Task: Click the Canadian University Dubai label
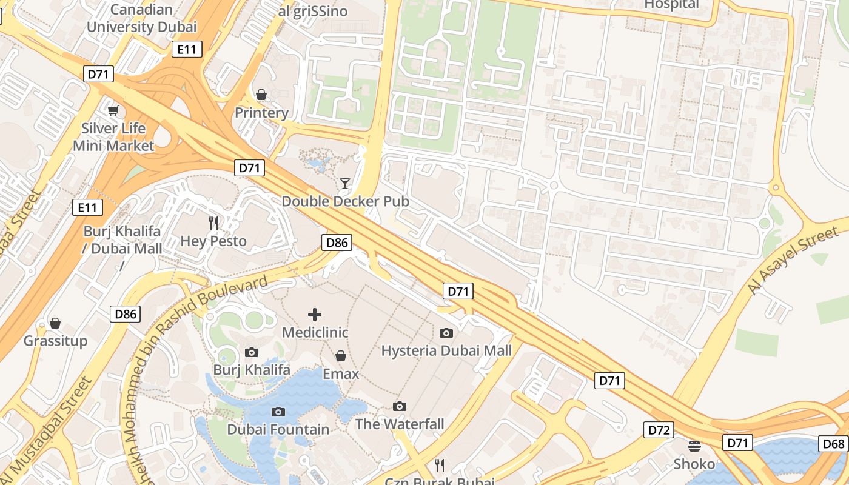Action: (x=141, y=18)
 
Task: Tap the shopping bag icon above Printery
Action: (x=261, y=95)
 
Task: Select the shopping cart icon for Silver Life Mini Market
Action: (x=113, y=110)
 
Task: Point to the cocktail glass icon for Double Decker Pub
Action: (x=345, y=183)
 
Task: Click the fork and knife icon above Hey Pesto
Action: (x=213, y=222)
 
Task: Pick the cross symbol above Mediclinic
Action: (x=315, y=314)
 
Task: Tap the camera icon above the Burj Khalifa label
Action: (x=252, y=352)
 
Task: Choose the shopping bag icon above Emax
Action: (x=341, y=356)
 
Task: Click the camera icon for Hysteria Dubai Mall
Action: (x=446, y=333)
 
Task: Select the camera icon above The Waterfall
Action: (x=400, y=406)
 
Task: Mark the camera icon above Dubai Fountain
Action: (x=278, y=412)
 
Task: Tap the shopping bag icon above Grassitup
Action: (x=55, y=323)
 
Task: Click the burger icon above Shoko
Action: (x=694, y=446)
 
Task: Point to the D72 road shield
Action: (x=659, y=430)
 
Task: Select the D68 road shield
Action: (x=833, y=444)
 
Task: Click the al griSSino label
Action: (x=313, y=11)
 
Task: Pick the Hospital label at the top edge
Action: (x=671, y=5)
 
